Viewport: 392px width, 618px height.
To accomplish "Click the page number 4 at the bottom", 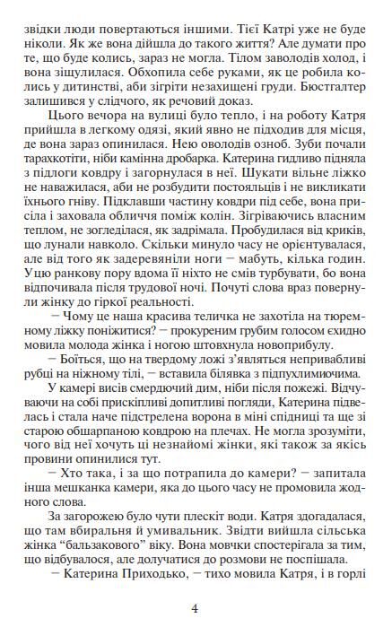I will tap(196, 606).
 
